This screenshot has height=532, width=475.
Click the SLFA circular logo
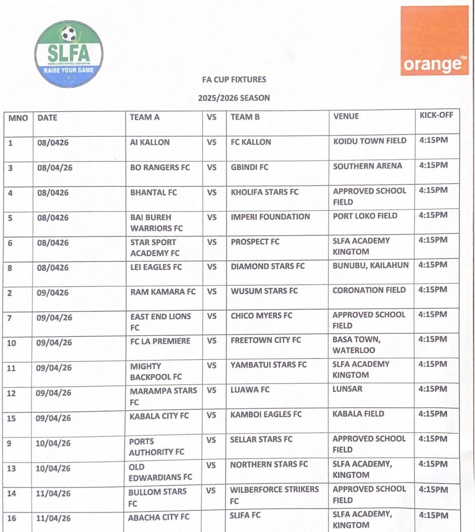69,54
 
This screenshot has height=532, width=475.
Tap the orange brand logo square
434,41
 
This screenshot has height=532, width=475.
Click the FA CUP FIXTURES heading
234,79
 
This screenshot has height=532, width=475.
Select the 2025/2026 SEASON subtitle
234,98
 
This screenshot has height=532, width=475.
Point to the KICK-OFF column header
436,115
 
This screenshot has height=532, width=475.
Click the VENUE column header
346,116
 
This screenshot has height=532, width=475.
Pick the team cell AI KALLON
150,142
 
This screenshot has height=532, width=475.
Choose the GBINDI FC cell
249,167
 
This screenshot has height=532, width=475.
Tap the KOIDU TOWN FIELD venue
370,141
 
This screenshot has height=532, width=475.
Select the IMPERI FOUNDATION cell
270,217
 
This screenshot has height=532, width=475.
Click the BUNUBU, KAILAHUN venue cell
370,265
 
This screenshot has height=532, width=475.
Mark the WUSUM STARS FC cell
264,291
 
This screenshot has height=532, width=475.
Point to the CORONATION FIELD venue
369,290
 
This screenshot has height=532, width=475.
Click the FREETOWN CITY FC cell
266,340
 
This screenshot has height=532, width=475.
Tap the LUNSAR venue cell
347,389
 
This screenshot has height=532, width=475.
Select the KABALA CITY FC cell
159,416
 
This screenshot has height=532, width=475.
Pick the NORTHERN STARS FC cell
269,464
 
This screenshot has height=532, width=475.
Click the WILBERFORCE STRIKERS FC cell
274,495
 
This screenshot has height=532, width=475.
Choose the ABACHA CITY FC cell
158,518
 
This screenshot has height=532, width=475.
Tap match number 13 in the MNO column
11,469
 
